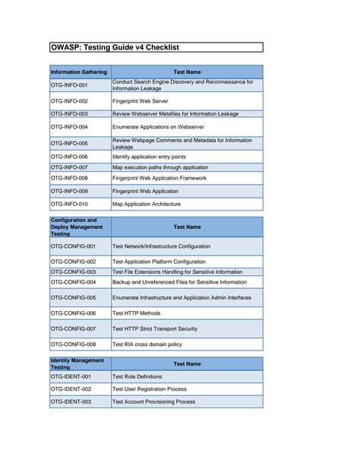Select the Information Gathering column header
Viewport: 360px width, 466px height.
(79, 72)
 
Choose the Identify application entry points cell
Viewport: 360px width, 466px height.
(159, 157)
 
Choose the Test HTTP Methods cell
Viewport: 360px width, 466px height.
(137, 313)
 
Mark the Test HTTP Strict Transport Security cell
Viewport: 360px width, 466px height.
(155, 329)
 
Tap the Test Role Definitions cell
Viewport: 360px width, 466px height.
(137, 377)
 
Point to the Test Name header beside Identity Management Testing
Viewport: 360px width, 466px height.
(187, 364)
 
